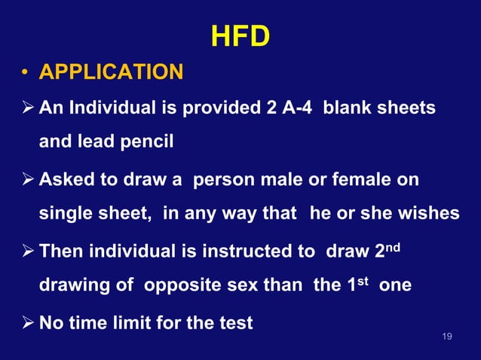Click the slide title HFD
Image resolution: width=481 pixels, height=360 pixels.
point(240,36)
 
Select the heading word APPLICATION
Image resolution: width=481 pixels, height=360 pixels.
point(111,73)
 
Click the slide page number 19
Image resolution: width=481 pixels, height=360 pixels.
point(447,337)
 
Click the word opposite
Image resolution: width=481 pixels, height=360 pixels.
point(179,285)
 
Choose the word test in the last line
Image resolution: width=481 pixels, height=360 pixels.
point(236,324)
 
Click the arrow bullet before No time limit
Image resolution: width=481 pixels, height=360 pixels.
point(25,324)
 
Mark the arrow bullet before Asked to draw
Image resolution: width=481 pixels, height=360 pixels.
point(25,181)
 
